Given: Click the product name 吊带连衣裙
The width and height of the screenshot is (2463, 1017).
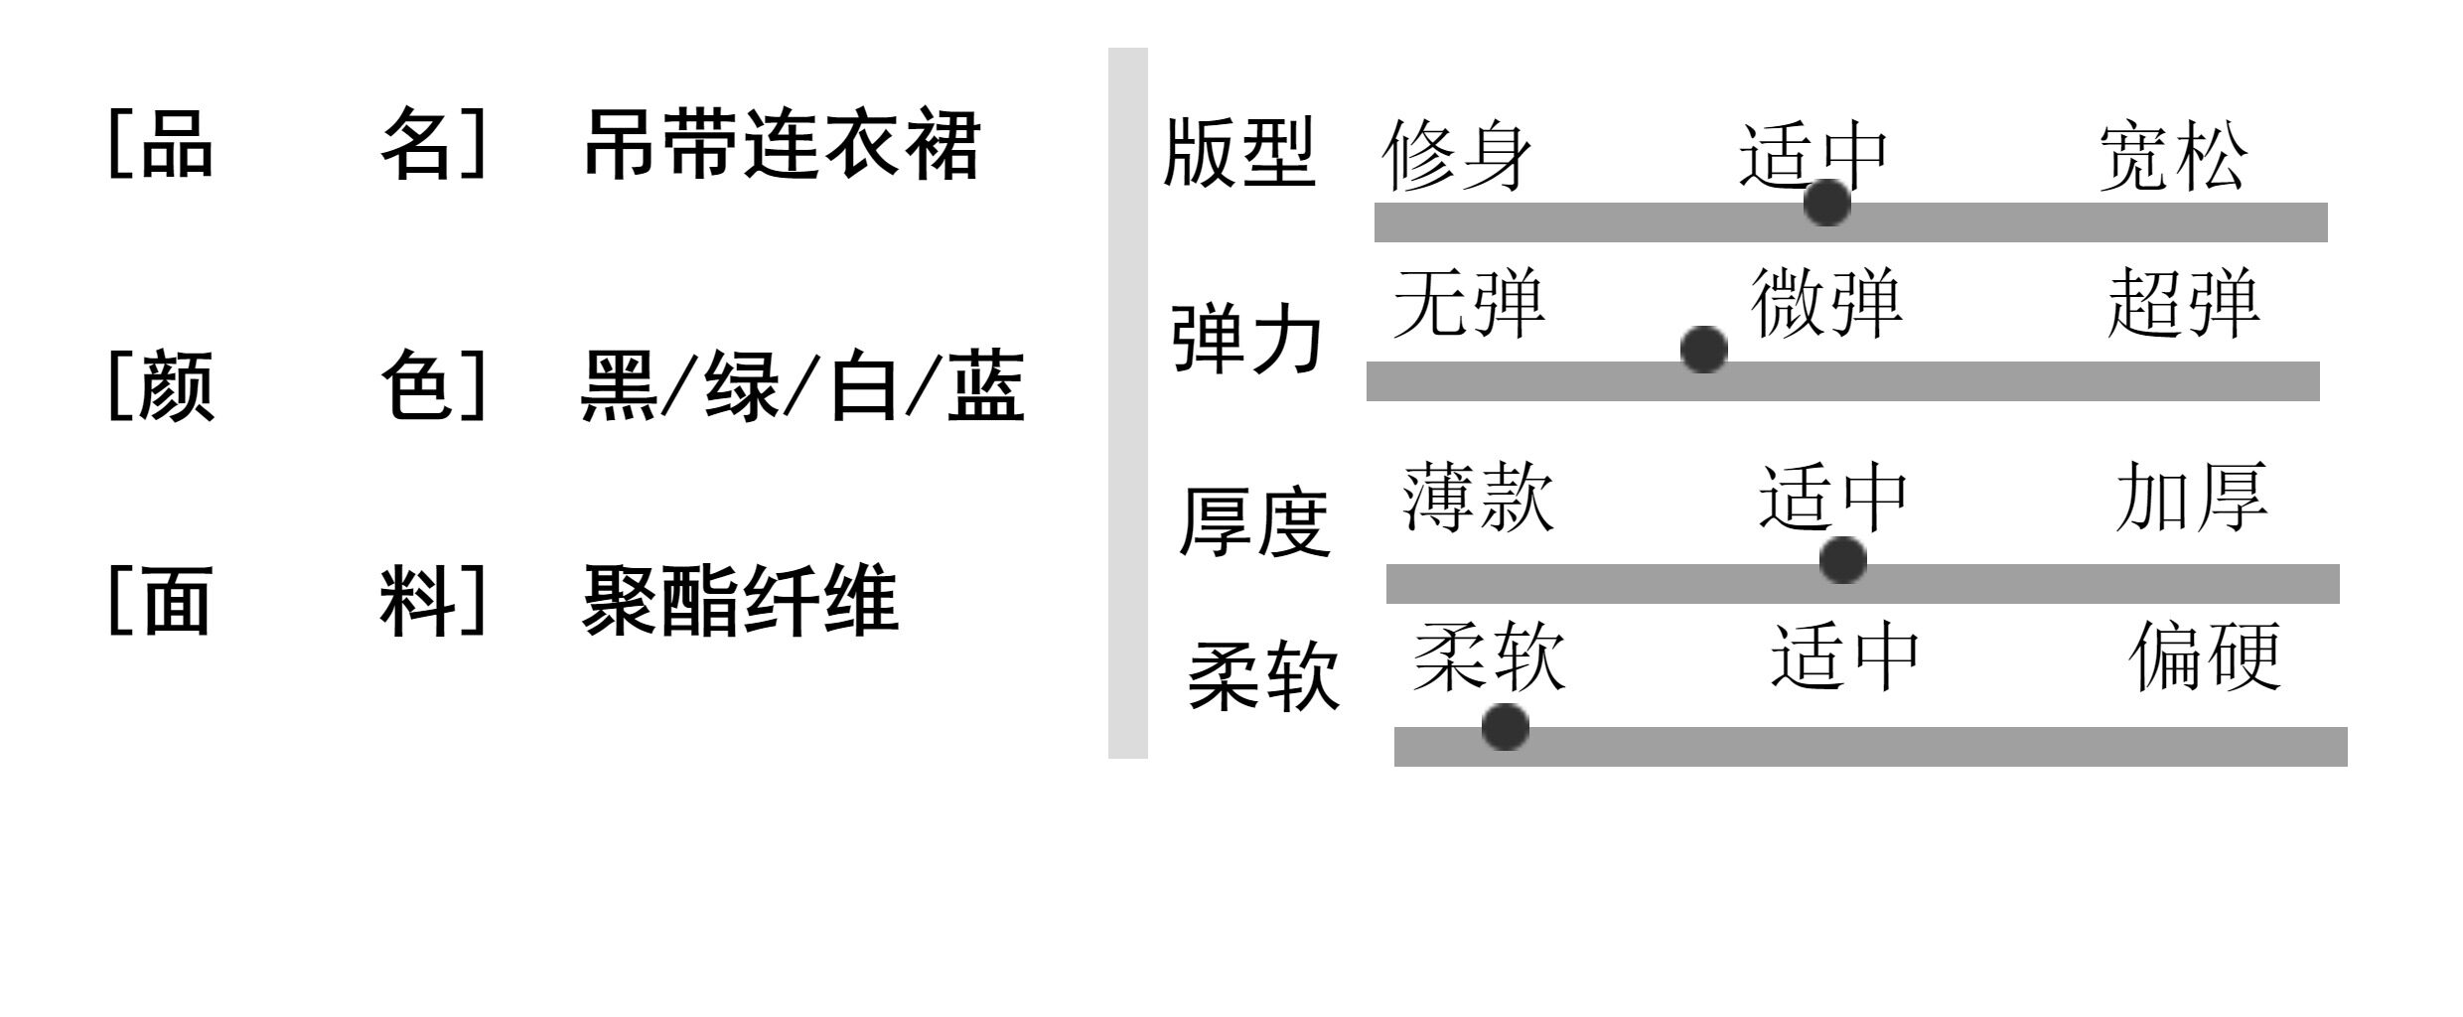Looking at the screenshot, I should pos(782,145).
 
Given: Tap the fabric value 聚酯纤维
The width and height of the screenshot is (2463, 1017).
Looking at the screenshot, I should pos(740,600).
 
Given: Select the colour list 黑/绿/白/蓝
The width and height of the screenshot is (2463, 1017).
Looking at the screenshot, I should pos(801,386).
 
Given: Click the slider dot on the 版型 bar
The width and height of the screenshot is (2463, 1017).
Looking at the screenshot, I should pos(1826,203).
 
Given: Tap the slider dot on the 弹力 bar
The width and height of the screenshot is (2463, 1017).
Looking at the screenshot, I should pos(1703,350).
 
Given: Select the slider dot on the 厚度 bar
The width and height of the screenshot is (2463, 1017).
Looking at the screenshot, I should pos(1842,560).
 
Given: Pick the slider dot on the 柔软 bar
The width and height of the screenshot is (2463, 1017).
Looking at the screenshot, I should pos(1505,727).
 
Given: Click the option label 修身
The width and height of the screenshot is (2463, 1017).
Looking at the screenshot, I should pos(1457,156).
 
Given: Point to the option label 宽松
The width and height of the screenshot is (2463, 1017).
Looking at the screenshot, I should pos(2172,156).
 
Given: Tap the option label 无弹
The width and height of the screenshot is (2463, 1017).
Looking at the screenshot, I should pos(1469,302).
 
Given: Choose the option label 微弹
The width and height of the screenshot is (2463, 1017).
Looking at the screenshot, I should pos(1826,302).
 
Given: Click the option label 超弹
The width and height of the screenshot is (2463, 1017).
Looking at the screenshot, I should pos(2184,302).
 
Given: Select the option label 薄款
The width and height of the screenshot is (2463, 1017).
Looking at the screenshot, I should pos(1478,497).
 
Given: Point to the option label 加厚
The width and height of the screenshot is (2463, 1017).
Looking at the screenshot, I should pos(2192,497).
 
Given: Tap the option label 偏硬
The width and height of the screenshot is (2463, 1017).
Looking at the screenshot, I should pos(2205,655).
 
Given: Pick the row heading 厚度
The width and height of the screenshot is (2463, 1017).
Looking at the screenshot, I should pos(1254,521).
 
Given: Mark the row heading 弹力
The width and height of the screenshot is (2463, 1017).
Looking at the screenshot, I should pos(1247,339).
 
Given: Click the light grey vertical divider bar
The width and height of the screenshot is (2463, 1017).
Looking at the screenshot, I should pos(1127,402).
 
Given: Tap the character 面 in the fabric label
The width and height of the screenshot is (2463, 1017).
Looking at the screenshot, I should pos(177,600).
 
